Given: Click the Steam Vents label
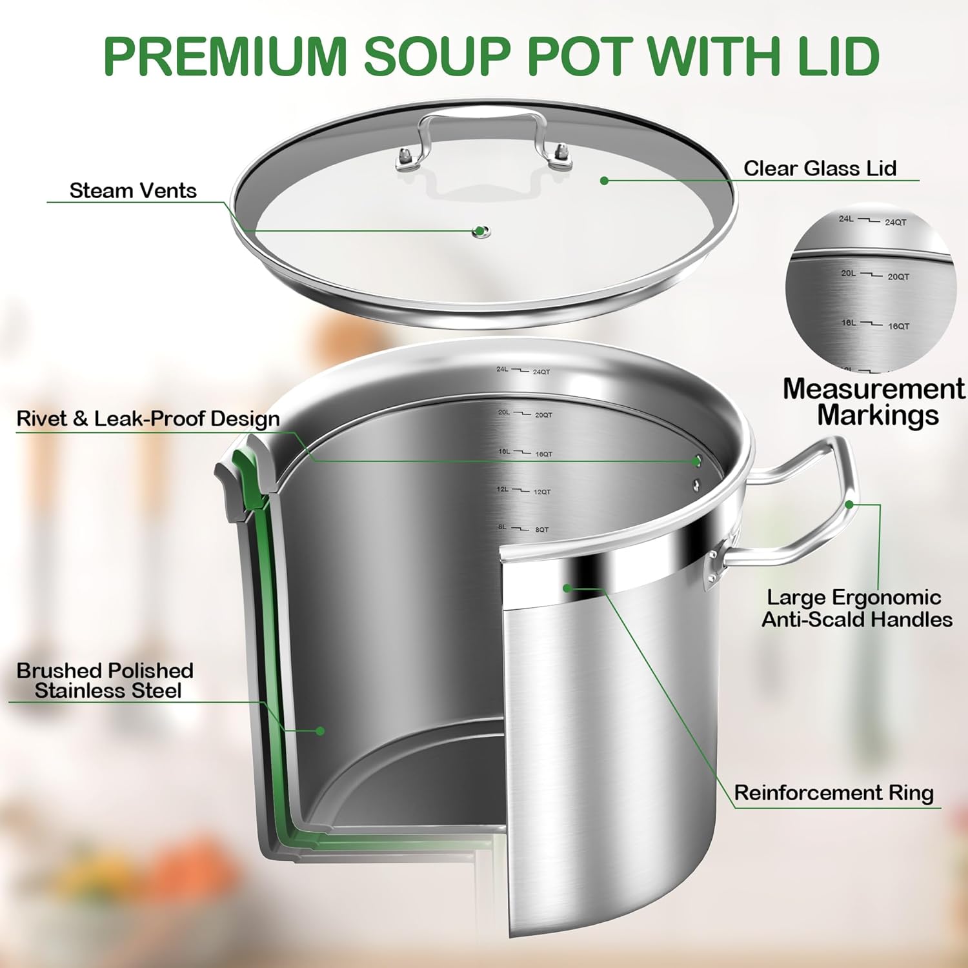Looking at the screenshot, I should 133,191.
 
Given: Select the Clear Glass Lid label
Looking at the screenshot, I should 820,168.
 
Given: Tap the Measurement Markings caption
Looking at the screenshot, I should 874,402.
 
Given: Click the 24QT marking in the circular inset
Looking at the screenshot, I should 895,223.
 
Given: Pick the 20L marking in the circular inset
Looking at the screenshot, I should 848,274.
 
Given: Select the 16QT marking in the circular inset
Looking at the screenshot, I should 898,327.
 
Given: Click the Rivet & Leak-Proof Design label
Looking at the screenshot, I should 148,419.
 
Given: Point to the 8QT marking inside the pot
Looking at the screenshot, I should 541,530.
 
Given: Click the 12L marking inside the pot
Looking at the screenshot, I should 503,490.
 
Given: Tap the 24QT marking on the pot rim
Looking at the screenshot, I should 541,372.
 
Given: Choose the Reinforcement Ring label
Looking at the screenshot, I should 834,793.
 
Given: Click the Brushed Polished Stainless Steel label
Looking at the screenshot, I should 106,681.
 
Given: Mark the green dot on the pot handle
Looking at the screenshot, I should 849,504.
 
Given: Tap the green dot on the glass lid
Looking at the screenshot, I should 604,181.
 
